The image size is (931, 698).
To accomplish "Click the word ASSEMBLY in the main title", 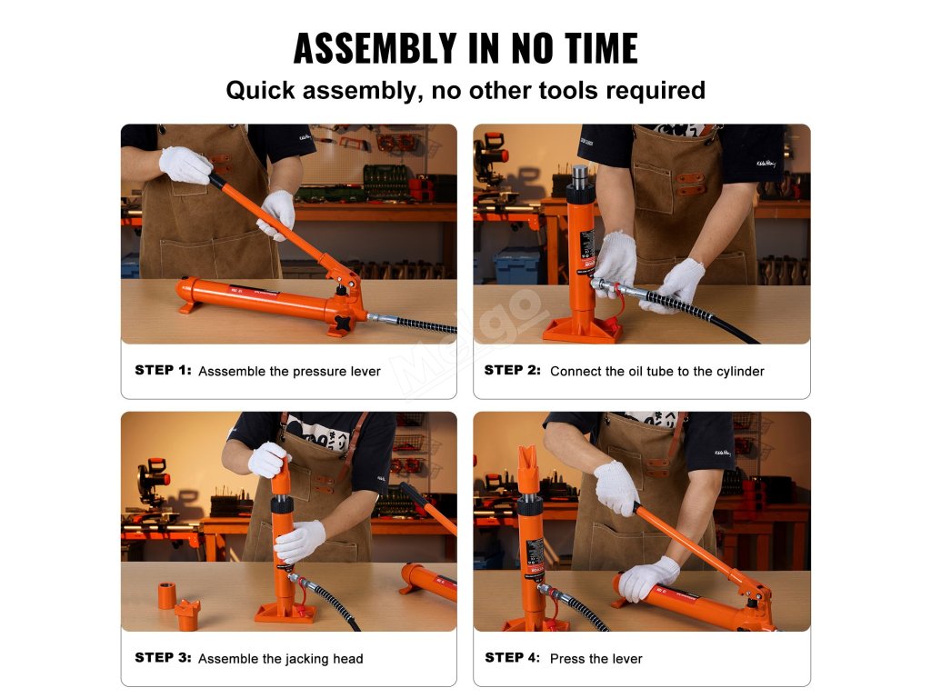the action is click(x=375, y=48).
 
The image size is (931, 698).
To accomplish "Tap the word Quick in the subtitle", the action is click(x=260, y=90).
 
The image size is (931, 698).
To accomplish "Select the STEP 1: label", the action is click(x=164, y=370).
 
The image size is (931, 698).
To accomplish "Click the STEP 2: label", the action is click(x=513, y=370).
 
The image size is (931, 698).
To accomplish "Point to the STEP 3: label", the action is click(x=164, y=657).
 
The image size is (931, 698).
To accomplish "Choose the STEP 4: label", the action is click(x=513, y=657).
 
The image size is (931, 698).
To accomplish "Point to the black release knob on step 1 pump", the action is click(x=344, y=324).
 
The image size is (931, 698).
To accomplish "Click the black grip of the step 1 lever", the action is click(x=218, y=181).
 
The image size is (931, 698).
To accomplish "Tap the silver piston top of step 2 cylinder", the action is click(x=580, y=175).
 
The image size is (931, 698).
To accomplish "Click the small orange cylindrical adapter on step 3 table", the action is click(x=166, y=595).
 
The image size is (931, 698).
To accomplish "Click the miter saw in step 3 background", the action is click(x=153, y=484).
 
